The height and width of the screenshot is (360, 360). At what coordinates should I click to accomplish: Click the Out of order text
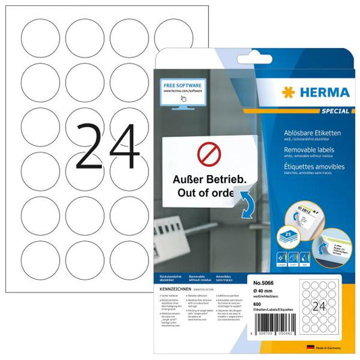[203, 195]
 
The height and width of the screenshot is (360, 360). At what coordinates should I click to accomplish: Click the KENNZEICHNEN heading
[174, 286]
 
